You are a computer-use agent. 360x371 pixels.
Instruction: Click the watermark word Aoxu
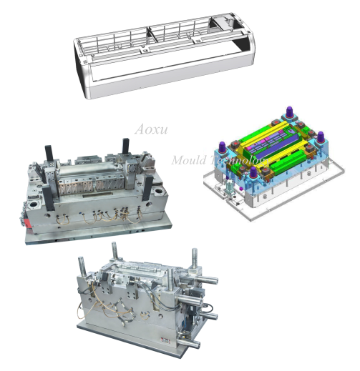pyautogui.click(x=151, y=130)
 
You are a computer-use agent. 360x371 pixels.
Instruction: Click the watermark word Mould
pyautogui.click(x=188, y=161)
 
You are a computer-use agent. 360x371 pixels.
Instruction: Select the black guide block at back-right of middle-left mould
pyautogui.click(x=126, y=145)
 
